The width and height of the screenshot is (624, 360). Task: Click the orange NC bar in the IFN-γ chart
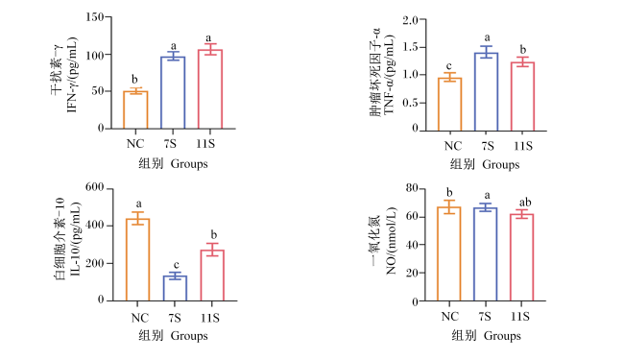[x=135, y=109]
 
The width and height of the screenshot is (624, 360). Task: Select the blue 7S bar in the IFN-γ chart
[x=173, y=93]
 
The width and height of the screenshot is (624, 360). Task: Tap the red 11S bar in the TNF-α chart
[x=522, y=97]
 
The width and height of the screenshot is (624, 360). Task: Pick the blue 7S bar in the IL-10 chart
[x=175, y=288]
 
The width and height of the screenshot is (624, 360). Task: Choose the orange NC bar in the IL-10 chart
[x=137, y=259]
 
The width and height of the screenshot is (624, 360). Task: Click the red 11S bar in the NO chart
[x=521, y=258]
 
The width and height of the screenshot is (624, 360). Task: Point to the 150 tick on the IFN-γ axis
[x=95, y=17]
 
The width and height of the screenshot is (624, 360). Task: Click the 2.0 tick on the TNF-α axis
[x=411, y=20]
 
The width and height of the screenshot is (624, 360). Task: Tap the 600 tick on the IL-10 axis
[x=95, y=187]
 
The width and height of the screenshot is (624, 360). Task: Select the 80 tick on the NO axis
[x=412, y=188]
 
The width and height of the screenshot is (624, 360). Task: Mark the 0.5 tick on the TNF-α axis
[x=411, y=103]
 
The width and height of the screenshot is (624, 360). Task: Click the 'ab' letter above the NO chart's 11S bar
[x=525, y=202]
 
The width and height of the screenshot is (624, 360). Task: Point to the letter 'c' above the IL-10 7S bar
[x=176, y=265]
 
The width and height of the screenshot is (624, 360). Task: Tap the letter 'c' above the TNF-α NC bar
[x=449, y=66]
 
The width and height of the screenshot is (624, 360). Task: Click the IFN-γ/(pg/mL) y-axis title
[x=72, y=75]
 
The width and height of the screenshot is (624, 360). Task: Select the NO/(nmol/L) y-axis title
[x=391, y=241]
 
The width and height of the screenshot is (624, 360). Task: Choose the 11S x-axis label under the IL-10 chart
[x=210, y=318]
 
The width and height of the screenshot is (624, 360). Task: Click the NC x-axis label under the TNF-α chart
[x=453, y=146]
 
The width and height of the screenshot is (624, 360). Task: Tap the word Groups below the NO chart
[x=502, y=336]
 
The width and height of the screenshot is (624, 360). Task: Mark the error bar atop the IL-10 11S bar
[x=212, y=250]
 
